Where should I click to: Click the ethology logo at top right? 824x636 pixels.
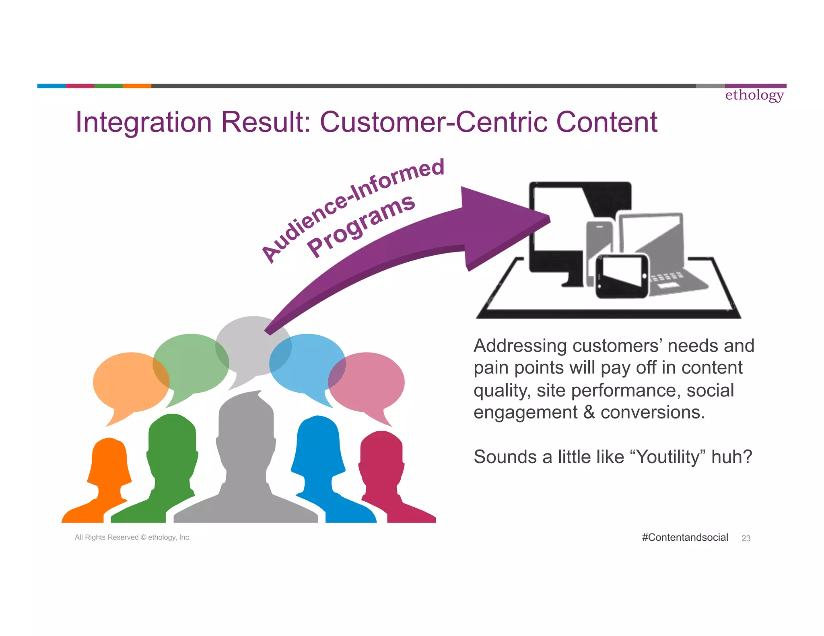tap(754, 95)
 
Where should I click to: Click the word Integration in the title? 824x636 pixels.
tap(143, 122)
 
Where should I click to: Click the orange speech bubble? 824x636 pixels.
tap(128, 382)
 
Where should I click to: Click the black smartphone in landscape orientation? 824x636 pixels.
tap(622, 277)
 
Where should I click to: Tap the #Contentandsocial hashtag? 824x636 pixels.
tap(685, 537)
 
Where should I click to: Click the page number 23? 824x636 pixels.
tap(746, 538)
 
